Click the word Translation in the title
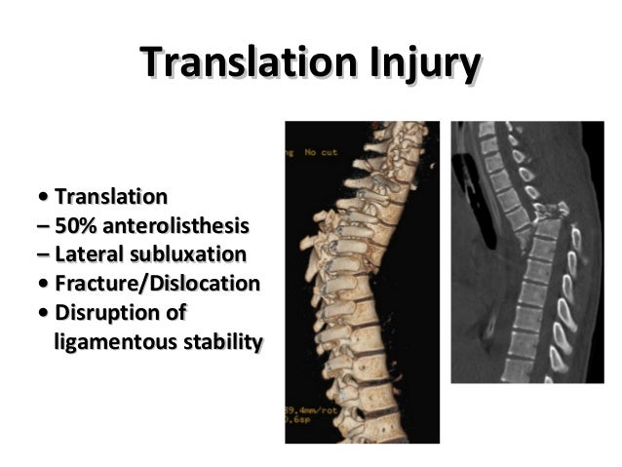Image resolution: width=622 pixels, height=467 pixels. pos(248,64)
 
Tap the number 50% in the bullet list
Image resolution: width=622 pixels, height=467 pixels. pos(75,226)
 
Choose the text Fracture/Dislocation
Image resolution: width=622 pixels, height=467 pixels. pos(157,285)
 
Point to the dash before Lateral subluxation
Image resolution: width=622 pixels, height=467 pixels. pos(41,256)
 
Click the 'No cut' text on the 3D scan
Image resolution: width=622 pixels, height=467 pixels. pos(320,152)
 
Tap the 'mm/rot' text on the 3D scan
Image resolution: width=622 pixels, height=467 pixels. pos(315,412)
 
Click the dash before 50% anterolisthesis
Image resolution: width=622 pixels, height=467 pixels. pos(41,227)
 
